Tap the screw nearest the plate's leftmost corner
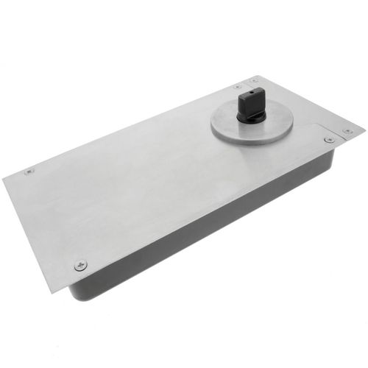click(30, 171)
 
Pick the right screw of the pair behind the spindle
click(253, 79)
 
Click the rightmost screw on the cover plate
click(347, 132)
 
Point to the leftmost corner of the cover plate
click(4, 176)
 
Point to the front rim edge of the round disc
click(243, 142)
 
